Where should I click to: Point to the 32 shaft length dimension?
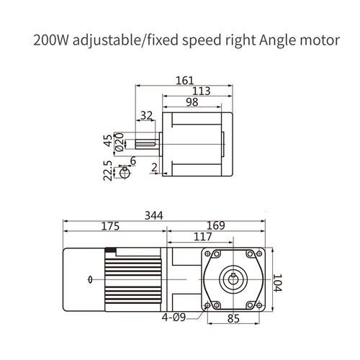(x=147, y=115)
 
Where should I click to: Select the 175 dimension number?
(x=111, y=225)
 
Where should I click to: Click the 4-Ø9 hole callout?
(x=176, y=315)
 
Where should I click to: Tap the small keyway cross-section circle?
(x=125, y=172)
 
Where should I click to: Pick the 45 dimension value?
(x=108, y=140)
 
